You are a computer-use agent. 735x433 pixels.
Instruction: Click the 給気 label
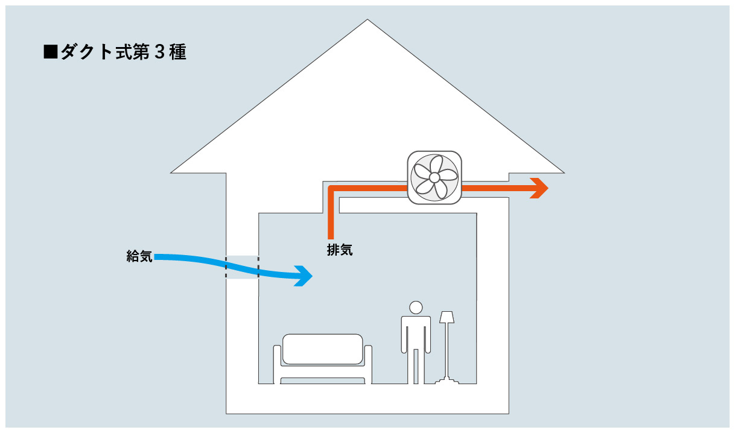139,256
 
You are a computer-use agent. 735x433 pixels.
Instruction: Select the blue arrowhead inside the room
305,277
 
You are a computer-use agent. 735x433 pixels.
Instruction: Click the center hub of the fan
434,177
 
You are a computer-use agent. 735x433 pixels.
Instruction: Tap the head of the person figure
416,307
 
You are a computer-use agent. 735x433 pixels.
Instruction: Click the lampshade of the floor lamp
447,317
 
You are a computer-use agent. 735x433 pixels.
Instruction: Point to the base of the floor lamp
447,381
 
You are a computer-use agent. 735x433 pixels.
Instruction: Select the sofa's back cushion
323,349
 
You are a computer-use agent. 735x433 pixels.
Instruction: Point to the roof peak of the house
367,22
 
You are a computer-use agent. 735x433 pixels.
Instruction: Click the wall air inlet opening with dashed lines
242,267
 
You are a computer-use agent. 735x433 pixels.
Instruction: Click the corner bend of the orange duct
331,189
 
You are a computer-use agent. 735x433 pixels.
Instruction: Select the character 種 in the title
177,52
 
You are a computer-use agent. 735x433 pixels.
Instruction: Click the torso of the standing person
416,332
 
